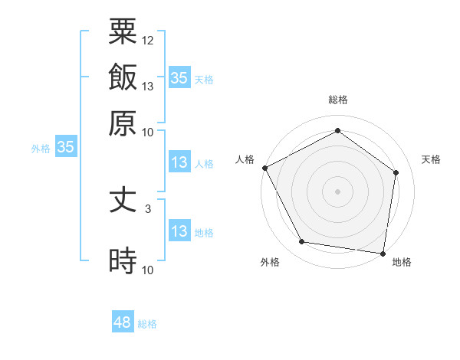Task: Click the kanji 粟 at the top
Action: [123, 31]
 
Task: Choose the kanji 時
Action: [123, 260]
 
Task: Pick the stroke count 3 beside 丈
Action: [148, 208]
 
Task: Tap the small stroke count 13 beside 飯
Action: [148, 86]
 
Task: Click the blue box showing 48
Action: [123, 322]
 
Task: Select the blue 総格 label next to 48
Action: [147, 324]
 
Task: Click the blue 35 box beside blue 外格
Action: [65, 147]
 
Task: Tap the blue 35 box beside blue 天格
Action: [179, 77]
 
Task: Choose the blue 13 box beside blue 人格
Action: [179, 162]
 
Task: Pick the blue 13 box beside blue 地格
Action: [179, 231]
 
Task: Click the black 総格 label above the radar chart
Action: [337, 100]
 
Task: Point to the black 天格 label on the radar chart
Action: [431, 159]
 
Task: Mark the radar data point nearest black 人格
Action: [264, 168]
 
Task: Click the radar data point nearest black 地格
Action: [383, 253]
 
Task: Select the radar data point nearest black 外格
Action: [302, 242]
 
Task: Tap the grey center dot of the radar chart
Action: [337, 191]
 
